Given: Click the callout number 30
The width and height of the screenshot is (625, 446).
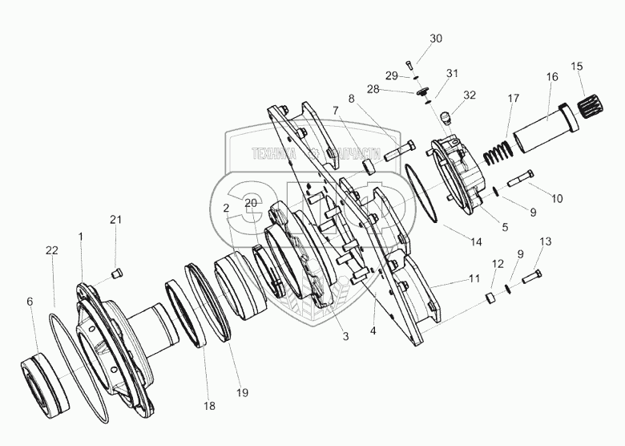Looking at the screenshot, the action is click(x=435, y=39).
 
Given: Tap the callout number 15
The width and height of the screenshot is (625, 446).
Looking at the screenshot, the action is click(x=577, y=65).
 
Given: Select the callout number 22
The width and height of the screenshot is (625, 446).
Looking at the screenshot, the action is click(x=52, y=251).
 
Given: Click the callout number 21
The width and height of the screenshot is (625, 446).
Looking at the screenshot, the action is click(x=116, y=220).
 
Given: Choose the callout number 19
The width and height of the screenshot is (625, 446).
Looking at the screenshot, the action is click(x=242, y=392).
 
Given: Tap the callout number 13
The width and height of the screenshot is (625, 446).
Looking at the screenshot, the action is click(x=546, y=241).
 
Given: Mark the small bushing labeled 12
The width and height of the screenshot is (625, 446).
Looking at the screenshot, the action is click(x=491, y=298).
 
